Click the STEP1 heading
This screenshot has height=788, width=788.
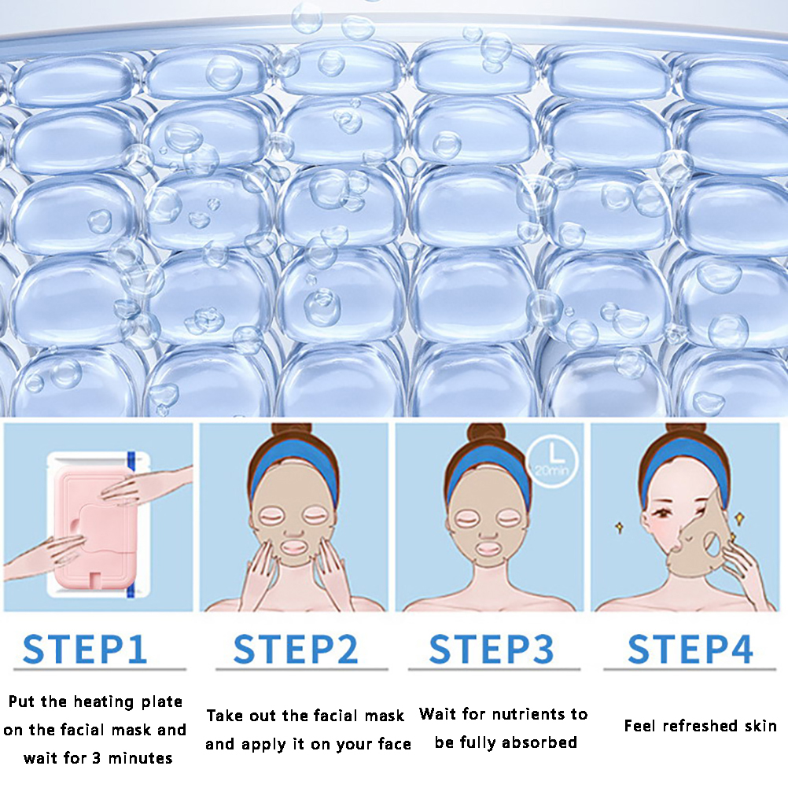point(85,649)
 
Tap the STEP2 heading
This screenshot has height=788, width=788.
point(296,649)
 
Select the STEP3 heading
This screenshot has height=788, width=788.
point(491,649)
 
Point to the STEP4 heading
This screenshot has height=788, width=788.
point(690,649)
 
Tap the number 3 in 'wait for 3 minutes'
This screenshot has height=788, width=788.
point(97,758)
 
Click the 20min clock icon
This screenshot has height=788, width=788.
point(552,462)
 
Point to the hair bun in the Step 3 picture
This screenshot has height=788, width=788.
point(487,433)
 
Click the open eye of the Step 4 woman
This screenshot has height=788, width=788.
point(663,512)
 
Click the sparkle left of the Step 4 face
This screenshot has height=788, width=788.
point(619,528)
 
